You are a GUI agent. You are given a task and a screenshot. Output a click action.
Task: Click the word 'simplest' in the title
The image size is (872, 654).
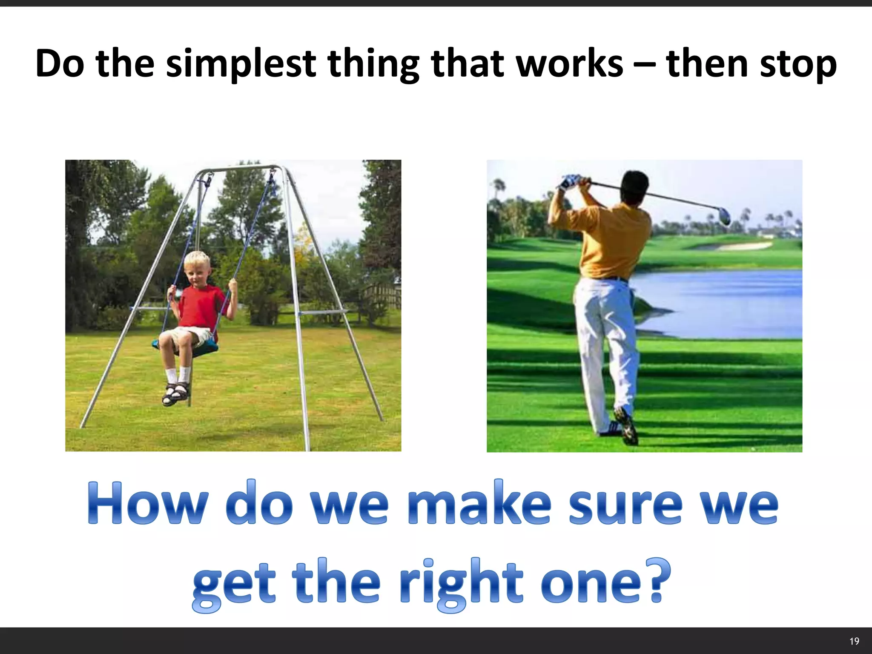point(241,65)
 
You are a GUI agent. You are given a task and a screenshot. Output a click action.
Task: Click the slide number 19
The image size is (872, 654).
point(854,641)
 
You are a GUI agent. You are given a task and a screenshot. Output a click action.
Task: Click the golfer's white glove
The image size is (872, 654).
point(569,182)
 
